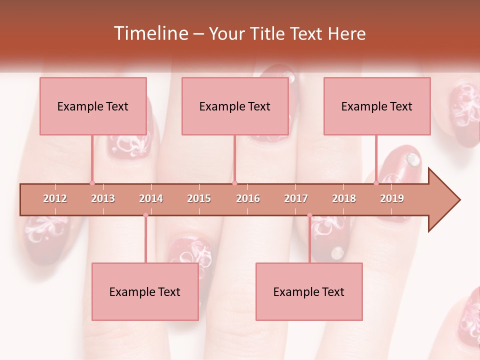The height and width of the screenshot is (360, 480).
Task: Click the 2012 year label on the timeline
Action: (55, 198)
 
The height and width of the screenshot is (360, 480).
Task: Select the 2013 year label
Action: (103, 198)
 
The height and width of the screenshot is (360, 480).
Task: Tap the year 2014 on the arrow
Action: (151, 198)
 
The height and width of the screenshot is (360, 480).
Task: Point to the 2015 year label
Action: (199, 198)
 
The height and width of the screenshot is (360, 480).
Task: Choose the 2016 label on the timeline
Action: (248, 198)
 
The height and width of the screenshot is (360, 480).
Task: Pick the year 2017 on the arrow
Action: (296, 198)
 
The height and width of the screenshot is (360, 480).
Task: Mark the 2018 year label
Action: (344, 198)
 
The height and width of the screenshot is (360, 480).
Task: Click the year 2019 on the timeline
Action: (392, 198)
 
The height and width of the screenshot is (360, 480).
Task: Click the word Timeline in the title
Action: (150, 33)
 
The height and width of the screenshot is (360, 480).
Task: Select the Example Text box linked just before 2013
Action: (93, 106)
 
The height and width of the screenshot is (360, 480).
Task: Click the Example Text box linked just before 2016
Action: (235, 106)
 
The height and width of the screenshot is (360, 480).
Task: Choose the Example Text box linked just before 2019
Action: (377, 106)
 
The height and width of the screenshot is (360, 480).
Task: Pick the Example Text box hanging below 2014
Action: (145, 292)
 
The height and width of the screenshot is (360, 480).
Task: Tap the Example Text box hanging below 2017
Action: (309, 292)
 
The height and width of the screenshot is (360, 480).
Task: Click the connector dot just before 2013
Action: (92, 183)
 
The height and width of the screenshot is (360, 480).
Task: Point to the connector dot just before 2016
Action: (234, 183)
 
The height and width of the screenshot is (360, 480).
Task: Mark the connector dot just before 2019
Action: (376, 183)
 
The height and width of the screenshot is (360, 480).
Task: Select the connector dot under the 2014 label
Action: (145, 215)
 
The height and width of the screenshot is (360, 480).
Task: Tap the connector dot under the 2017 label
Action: (309, 215)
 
